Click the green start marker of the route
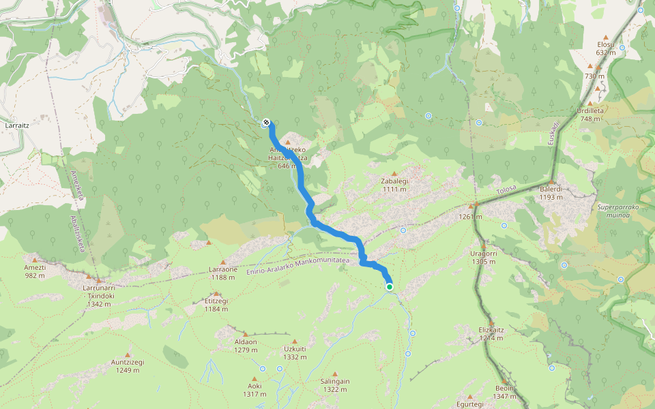(x=390, y=287)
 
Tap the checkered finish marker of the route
(x=265, y=123)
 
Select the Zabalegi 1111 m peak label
(x=394, y=185)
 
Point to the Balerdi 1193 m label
(x=552, y=193)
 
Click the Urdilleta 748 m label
(x=590, y=114)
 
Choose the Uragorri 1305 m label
(x=483, y=257)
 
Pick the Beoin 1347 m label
(x=505, y=392)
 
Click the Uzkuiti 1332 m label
(x=295, y=352)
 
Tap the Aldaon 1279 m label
(x=246, y=346)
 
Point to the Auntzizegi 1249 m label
(x=128, y=366)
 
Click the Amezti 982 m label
(x=35, y=271)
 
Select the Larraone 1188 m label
(x=223, y=273)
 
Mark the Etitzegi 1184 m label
(x=216, y=305)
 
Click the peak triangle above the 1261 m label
(x=471, y=207)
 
